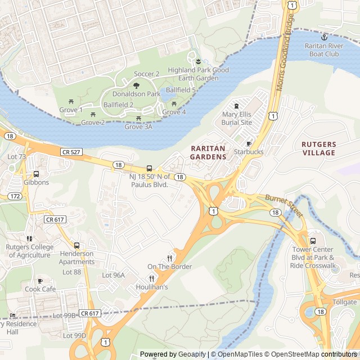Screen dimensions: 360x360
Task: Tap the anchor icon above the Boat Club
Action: pyautogui.click(x=324, y=37)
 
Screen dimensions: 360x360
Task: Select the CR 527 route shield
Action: pyautogui.click(x=71, y=152)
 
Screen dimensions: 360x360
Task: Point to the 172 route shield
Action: pyautogui.click(x=15, y=196)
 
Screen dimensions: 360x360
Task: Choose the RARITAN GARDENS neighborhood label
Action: pyautogui.click(x=208, y=152)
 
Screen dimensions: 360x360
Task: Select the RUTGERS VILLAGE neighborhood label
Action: pyautogui.click(x=318, y=148)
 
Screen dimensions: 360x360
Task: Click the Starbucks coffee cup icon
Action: pyautogui.click(x=249, y=143)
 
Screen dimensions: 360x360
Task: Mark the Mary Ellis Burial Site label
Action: pyautogui.click(x=237, y=118)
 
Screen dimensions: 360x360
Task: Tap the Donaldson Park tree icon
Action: pyautogui.click(x=136, y=85)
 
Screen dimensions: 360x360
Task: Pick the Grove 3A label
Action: pyautogui.click(x=138, y=127)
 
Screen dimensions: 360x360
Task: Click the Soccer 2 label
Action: pyautogui.click(x=147, y=74)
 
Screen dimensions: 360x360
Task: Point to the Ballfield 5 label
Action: pyautogui.click(x=181, y=89)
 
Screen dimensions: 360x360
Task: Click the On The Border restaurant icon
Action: pyautogui.click(x=169, y=258)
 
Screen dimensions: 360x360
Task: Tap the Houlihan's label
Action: pyautogui.click(x=152, y=286)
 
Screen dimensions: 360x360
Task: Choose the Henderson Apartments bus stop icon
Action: pyautogui.click(x=76, y=245)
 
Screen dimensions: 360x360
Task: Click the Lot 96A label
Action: pyautogui.click(x=113, y=275)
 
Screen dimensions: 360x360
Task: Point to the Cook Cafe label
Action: pyautogui.click(x=40, y=289)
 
